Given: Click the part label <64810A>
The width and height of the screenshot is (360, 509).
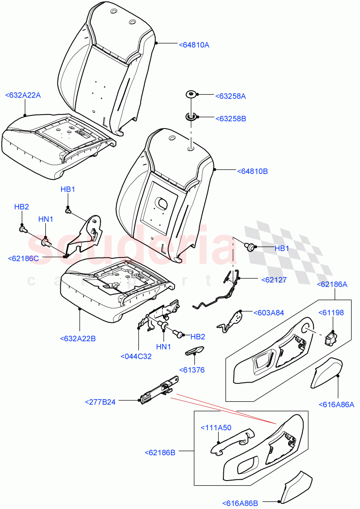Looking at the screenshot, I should [x=194, y=44].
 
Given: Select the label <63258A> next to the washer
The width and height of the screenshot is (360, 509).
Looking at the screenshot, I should [x=231, y=96].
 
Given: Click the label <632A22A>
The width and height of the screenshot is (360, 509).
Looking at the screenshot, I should [x=23, y=95].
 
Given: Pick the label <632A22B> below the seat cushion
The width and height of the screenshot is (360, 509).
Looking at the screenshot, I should [x=78, y=338].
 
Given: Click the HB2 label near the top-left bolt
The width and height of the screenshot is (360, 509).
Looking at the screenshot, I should [x=22, y=207].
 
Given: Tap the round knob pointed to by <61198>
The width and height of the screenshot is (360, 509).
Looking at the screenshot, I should [x=331, y=340].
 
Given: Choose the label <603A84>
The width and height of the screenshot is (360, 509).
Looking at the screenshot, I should [x=269, y=313].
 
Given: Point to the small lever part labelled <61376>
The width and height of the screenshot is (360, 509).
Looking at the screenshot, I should [x=194, y=350].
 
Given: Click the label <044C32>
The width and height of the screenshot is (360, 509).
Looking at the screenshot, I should [x=136, y=356].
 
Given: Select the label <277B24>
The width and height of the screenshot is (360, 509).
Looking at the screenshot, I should [x=100, y=402].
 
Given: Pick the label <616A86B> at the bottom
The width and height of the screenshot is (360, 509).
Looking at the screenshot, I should [x=240, y=503].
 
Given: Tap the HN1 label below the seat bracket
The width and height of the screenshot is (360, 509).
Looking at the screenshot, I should [x=164, y=347].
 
